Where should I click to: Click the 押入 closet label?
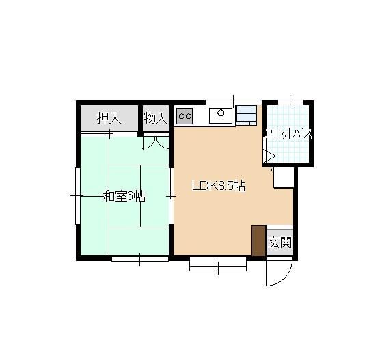(109, 118)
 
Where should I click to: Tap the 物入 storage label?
(156, 118)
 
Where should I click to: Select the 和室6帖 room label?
(124, 196)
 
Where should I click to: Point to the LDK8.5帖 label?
(219, 186)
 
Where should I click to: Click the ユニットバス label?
(288, 134)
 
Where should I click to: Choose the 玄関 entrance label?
(280, 243)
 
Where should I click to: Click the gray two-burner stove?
(184, 115)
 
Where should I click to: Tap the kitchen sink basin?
(221, 115)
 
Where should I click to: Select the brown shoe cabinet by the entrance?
(258, 240)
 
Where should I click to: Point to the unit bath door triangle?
(270, 156)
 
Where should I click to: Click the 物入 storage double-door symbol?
(156, 143)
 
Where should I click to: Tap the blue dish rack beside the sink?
(246, 115)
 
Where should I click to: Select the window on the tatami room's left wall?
(78, 196)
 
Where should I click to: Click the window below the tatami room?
(140, 259)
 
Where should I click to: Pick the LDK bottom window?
(218, 264)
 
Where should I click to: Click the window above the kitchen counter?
(234, 102)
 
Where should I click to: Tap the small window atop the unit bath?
(290, 102)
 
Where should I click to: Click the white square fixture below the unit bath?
(284, 178)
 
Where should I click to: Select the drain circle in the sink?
(221, 113)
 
